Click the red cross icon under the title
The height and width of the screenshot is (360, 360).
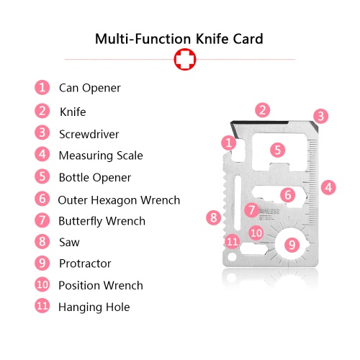click(185, 59)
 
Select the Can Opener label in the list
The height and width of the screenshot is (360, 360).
click(90, 89)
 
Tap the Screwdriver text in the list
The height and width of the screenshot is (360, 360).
click(89, 134)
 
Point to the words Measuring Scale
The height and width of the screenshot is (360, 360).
click(101, 156)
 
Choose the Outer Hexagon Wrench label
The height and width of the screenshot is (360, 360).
click(119, 200)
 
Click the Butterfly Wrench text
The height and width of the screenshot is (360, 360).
click(102, 221)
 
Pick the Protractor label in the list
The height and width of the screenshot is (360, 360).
click(85, 264)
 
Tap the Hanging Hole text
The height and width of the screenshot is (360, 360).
click(94, 307)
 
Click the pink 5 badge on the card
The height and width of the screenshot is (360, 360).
click(278, 150)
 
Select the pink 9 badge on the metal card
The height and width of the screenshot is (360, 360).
click(292, 245)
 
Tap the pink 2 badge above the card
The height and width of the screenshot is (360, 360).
click(263, 110)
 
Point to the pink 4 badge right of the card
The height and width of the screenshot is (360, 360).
click(328, 187)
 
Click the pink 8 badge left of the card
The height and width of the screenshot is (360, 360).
click(214, 217)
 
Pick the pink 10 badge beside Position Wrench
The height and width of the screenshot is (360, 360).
click(42, 284)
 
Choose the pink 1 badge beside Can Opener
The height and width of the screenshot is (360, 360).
click(42, 87)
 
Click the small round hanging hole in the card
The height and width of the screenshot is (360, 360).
click(232, 257)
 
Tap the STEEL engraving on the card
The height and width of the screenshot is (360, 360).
click(266, 218)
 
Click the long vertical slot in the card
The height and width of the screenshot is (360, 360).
click(238, 203)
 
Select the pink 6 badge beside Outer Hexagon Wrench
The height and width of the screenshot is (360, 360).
click(42, 199)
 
